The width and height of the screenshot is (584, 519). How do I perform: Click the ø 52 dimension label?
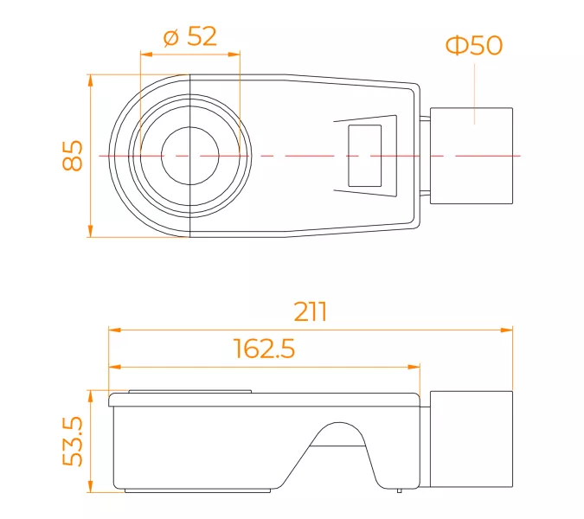click(x=190, y=36)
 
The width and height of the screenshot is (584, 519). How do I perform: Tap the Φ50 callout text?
click(x=474, y=46)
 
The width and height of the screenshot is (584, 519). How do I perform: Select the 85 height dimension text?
click(x=73, y=156)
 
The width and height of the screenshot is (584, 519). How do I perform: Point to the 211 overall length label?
click(x=311, y=311)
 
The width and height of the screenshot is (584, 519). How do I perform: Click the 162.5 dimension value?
click(x=264, y=349)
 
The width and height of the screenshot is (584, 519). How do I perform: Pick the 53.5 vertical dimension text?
click(x=73, y=441)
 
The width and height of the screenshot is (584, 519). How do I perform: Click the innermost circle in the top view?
click(x=190, y=156)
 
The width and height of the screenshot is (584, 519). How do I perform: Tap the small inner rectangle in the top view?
click(x=364, y=156)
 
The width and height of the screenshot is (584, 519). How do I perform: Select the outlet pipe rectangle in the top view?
click(x=472, y=156)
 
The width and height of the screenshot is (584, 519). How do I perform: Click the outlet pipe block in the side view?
click(x=472, y=439)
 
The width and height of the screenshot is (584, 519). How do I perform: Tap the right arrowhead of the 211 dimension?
click(x=506, y=330)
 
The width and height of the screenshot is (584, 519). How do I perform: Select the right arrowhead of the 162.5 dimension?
click(x=414, y=367)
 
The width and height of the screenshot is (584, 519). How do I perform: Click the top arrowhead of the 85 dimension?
click(x=90, y=80)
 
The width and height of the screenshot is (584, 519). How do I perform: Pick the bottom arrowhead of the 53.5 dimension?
click(x=90, y=486)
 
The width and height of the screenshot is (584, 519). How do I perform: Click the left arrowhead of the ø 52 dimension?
click(x=147, y=54)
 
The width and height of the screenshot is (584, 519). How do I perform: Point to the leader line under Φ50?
click(x=474, y=93)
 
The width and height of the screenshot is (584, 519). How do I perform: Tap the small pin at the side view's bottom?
click(x=399, y=490)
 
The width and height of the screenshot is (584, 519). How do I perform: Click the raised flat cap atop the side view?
click(x=190, y=392)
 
